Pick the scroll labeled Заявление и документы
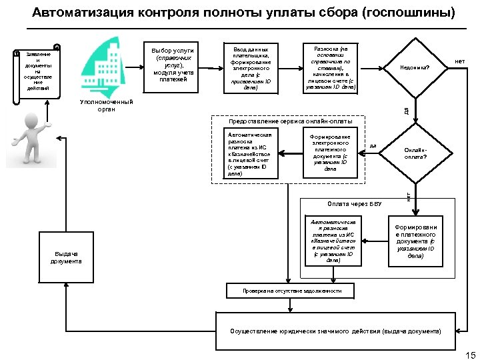click(x=38, y=73)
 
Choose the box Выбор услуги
click(x=172, y=65)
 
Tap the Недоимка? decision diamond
click(x=415, y=67)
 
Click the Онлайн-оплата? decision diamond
click(x=415, y=153)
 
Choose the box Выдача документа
click(x=66, y=257)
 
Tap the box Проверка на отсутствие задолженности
click(x=292, y=291)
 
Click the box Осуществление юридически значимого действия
click(x=335, y=331)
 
